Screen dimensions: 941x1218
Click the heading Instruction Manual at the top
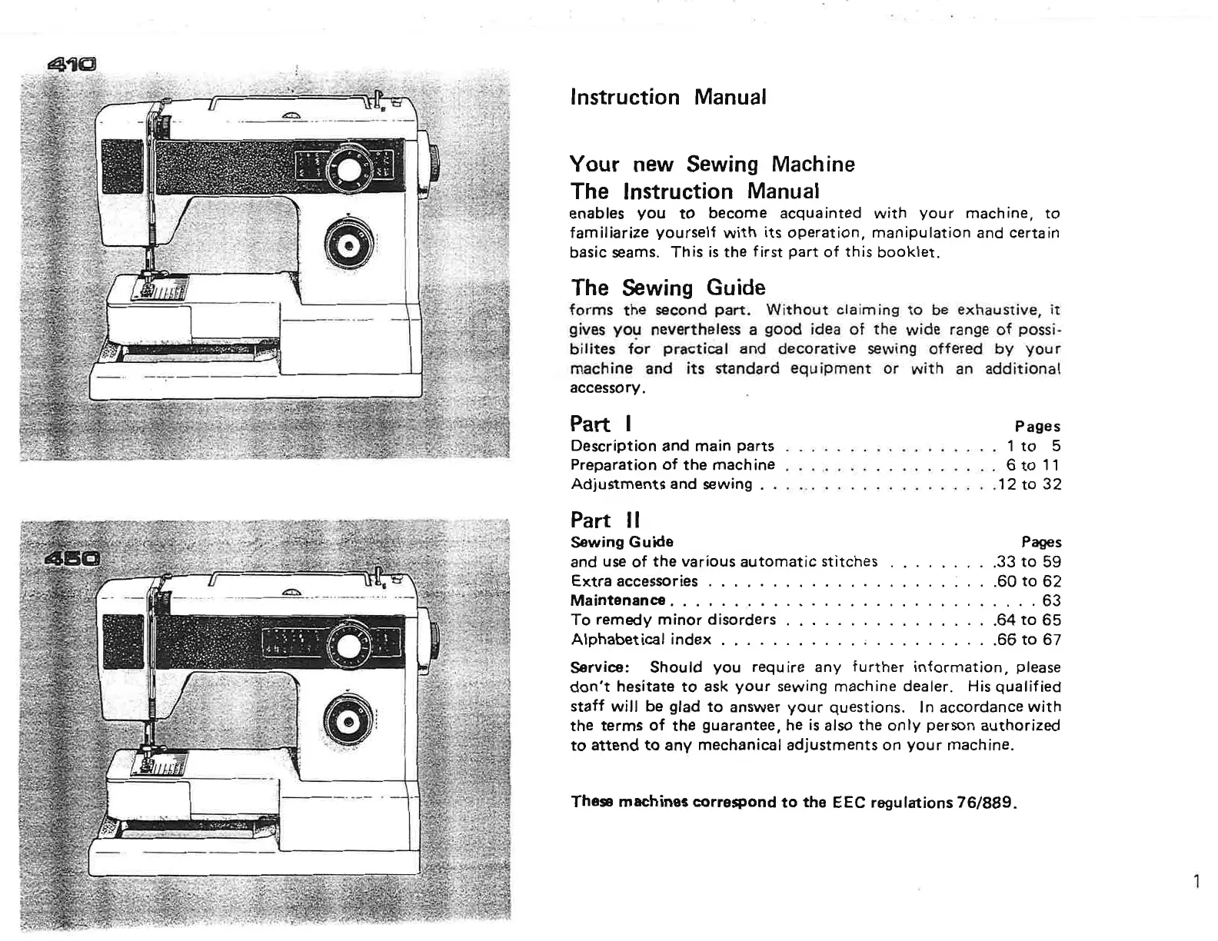click(667, 98)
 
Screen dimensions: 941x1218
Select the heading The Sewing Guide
click(667, 288)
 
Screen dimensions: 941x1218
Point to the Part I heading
click(601, 424)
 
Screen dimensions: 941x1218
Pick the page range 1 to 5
click(1033, 446)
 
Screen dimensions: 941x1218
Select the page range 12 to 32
click(1029, 484)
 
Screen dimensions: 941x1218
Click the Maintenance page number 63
click(1050, 600)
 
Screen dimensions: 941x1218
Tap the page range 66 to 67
click(1028, 640)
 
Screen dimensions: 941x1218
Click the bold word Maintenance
click(618, 600)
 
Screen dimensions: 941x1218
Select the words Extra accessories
click(634, 581)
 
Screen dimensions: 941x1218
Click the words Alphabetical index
click(641, 640)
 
